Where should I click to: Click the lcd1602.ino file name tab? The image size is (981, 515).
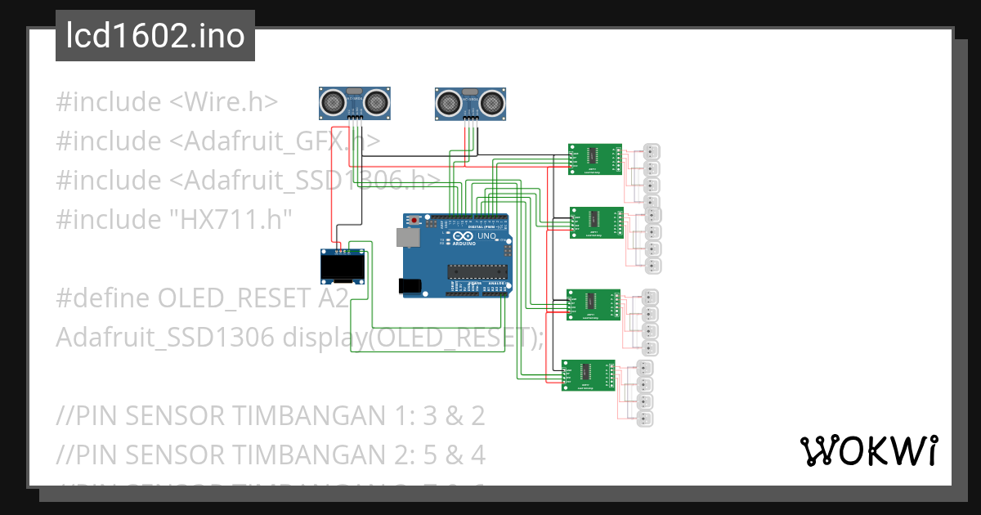155,36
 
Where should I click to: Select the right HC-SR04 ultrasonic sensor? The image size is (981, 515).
469,101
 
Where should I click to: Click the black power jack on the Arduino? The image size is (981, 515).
410,285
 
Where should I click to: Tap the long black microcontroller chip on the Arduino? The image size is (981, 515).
477,271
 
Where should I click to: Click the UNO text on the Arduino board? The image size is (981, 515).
486,235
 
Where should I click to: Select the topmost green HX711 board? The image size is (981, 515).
594,159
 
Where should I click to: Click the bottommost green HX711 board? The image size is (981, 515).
588,375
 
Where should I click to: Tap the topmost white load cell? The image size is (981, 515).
652,151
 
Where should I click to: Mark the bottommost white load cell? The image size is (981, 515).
644,419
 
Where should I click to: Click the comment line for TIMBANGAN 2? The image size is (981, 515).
270,454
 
